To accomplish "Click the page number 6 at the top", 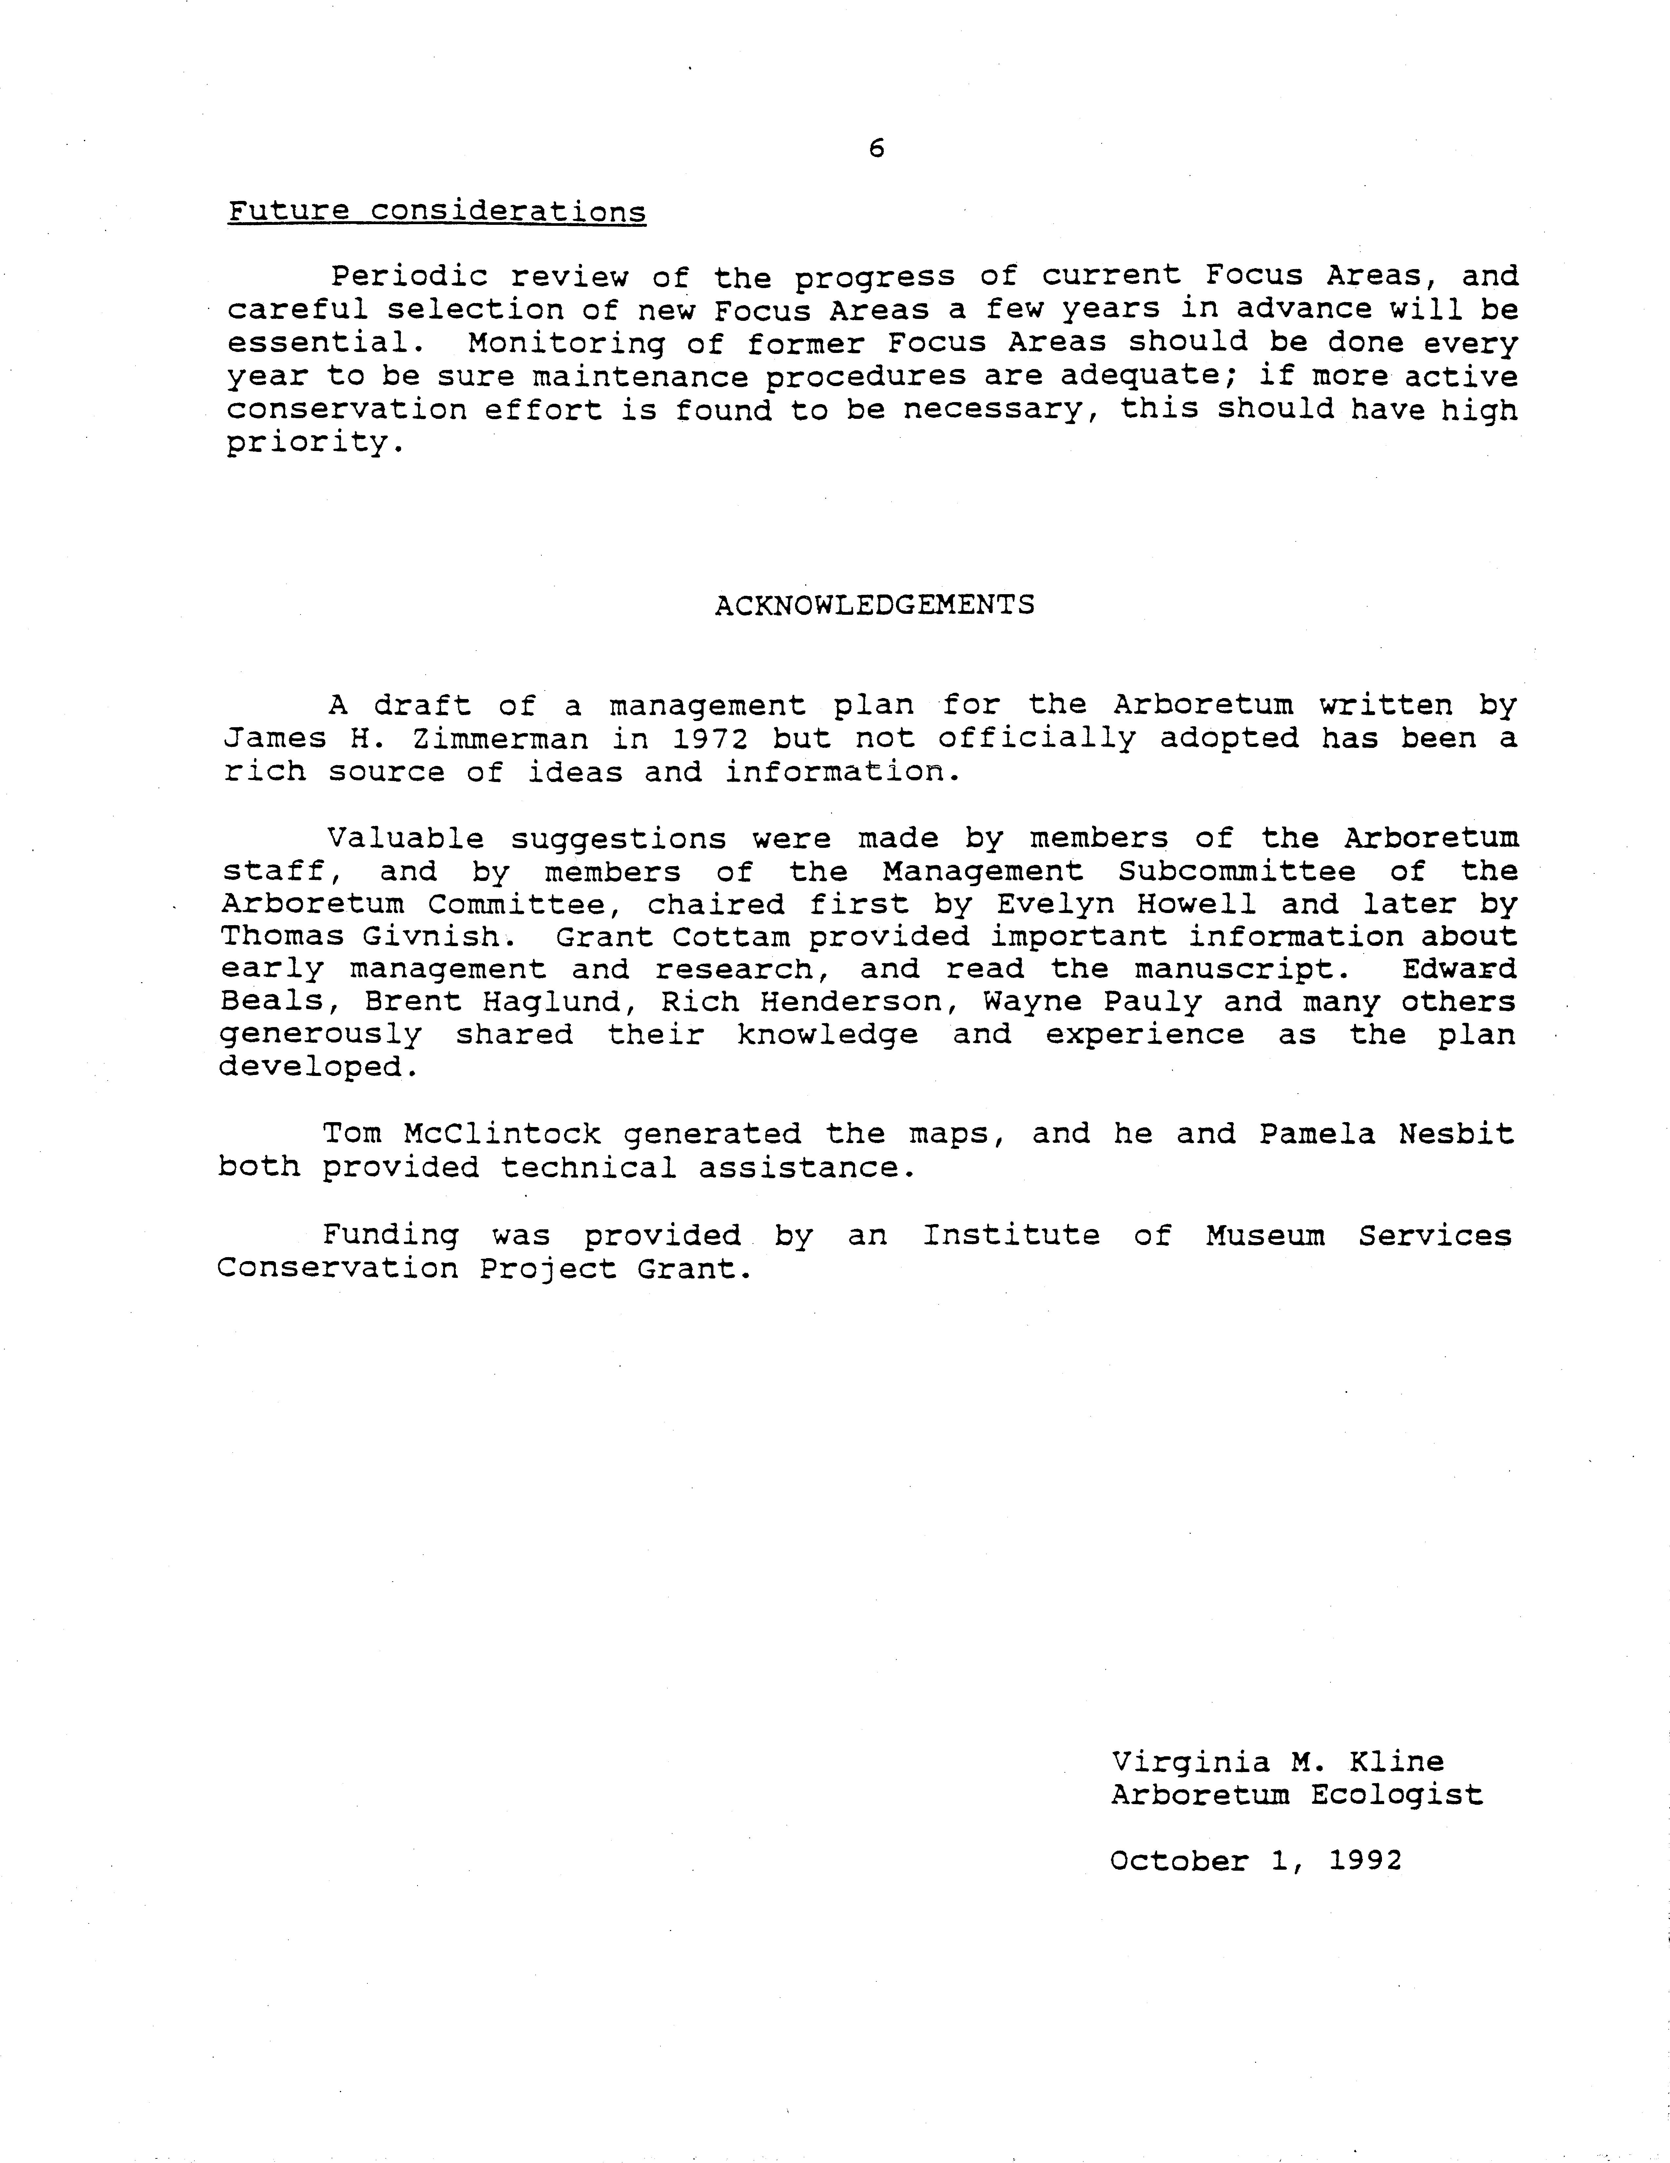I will (876, 148).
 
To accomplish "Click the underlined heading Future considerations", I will (437, 212).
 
